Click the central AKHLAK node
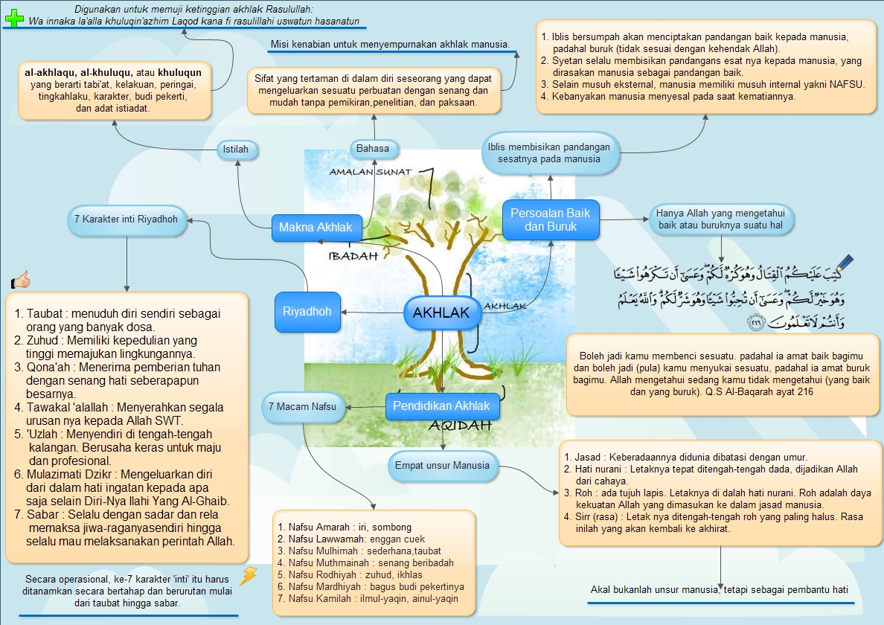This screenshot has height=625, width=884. pyautogui.click(x=441, y=313)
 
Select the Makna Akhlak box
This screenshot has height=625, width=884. pyautogui.click(x=316, y=228)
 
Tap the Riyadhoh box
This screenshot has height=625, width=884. pyautogui.click(x=307, y=311)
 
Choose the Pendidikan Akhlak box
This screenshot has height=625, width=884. pyautogui.click(x=442, y=406)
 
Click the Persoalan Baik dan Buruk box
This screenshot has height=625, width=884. pyautogui.click(x=550, y=219)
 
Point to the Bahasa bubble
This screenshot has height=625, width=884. pyautogui.click(x=372, y=149)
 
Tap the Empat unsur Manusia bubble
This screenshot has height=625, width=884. pyautogui.click(x=441, y=466)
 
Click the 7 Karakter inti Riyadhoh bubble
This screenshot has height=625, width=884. pyautogui.click(x=126, y=219)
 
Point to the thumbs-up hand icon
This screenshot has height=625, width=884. pyautogui.click(x=21, y=281)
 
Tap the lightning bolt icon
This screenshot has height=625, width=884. pyautogui.click(x=248, y=576)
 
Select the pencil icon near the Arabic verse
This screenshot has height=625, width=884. pyautogui.click(x=845, y=264)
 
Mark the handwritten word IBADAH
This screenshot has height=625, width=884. pyautogui.click(x=353, y=255)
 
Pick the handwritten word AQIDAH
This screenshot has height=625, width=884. pyautogui.click(x=461, y=426)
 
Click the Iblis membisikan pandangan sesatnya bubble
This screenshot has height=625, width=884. pyautogui.click(x=548, y=153)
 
